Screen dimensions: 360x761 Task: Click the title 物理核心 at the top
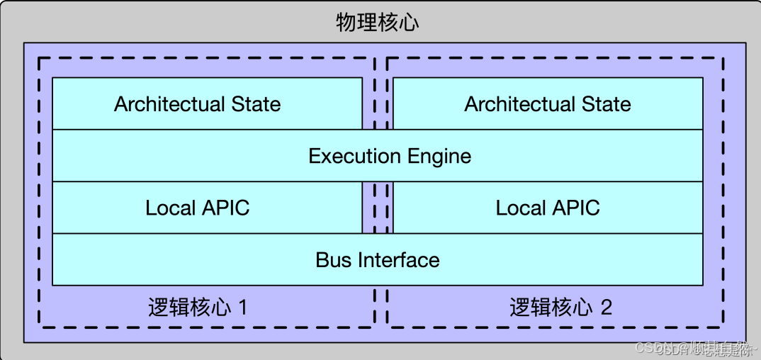pyautogui.click(x=378, y=22)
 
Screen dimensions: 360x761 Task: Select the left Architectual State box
pyautogui.click(x=206, y=103)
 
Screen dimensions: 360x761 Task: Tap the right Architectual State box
pyautogui.click(x=548, y=103)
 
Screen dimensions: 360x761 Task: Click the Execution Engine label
pyautogui.click(x=390, y=155)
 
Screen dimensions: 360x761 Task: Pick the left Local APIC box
pyautogui.click(x=206, y=208)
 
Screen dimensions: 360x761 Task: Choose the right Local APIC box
pyautogui.click(x=548, y=208)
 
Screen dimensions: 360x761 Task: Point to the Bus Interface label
pyautogui.click(x=378, y=259)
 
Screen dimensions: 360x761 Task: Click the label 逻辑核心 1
pyautogui.click(x=198, y=308)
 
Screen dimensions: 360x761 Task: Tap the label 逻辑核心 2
pyautogui.click(x=560, y=308)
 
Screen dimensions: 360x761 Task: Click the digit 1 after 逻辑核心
pyautogui.click(x=243, y=308)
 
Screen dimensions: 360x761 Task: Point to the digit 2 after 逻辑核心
pyautogui.click(x=606, y=308)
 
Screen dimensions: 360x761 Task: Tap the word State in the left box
pyautogui.click(x=256, y=104)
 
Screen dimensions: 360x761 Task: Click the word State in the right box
pyautogui.click(x=606, y=104)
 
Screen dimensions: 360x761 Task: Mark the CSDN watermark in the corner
pyautogui.click(x=694, y=348)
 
